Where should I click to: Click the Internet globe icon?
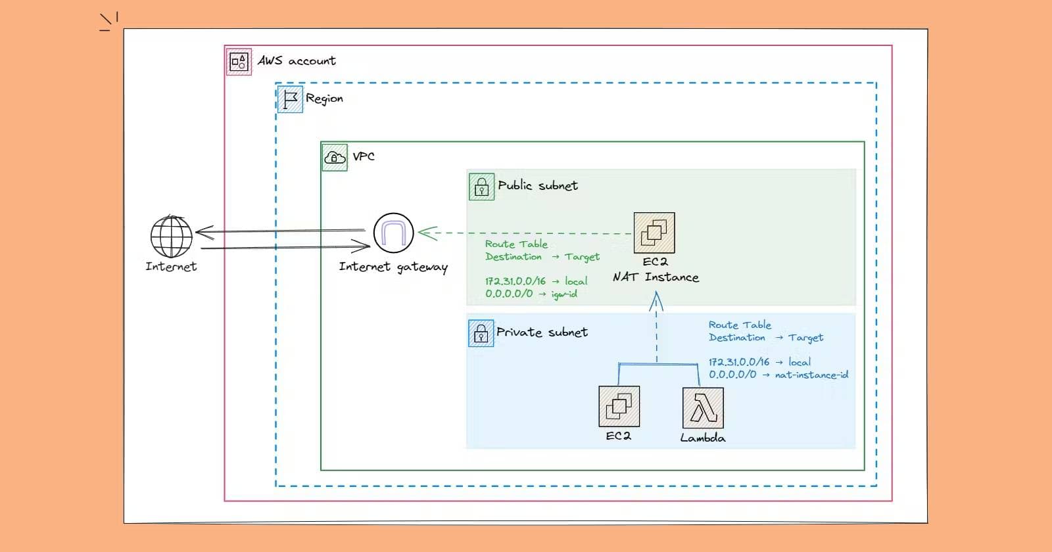pos(171,237)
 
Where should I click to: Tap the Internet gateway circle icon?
pos(393,233)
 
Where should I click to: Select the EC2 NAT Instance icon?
pos(654,233)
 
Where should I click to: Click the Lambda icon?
pos(703,408)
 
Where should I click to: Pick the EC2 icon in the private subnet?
pos(619,406)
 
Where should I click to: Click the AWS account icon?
pos(239,62)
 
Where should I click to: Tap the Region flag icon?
pos(290,99)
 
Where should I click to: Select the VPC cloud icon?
pos(335,158)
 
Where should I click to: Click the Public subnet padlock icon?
pos(481,187)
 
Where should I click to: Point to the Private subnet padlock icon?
pos(481,333)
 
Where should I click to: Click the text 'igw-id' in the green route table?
pos(564,294)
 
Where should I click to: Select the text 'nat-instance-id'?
pos(811,375)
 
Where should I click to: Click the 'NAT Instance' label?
pos(656,277)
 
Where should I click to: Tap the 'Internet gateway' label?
pos(393,267)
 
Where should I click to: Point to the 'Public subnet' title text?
pos(538,185)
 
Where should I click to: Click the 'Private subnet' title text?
pos(542,332)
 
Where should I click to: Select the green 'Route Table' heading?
pos(516,244)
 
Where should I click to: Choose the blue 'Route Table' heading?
pos(740,325)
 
